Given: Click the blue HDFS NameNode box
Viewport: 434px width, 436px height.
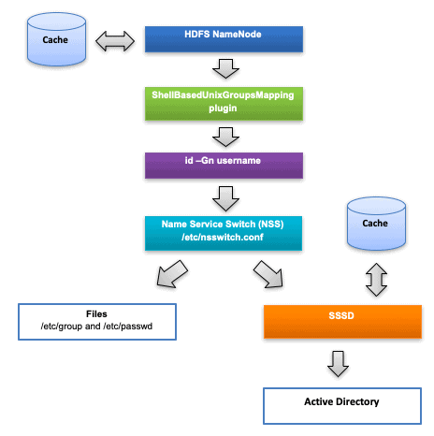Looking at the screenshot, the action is click(x=224, y=39).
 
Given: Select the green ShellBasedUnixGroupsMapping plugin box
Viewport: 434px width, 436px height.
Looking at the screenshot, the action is click(x=224, y=104).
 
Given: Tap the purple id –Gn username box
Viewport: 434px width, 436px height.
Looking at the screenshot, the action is click(x=224, y=166).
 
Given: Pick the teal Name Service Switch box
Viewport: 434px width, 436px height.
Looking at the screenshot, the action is click(x=224, y=233).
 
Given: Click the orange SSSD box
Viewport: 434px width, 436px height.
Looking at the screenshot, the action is click(x=342, y=322).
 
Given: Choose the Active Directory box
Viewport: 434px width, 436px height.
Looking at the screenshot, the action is click(x=342, y=406).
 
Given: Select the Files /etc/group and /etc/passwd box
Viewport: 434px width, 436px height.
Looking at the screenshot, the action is click(x=97, y=322).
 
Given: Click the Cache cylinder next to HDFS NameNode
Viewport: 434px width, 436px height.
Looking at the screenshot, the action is click(x=56, y=39).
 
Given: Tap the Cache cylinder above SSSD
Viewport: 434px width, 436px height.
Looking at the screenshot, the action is click(x=376, y=224).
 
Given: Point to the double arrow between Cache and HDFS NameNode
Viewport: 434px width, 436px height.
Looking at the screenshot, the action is click(x=115, y=41).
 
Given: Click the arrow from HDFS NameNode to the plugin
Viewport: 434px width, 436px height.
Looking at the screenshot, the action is click(x=225, y=68).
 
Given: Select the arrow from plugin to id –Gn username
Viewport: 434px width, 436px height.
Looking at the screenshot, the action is click(x=225, y=137).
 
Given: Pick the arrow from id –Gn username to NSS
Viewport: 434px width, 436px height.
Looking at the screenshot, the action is click(x=225, y=199).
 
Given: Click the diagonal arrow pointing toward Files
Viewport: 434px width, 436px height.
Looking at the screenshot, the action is click(x=171, y=274).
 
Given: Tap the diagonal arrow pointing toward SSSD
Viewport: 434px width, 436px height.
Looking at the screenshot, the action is click(x=268, y=274).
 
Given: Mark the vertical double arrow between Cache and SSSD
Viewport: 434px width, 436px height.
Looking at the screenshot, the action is click(x=376, y=280).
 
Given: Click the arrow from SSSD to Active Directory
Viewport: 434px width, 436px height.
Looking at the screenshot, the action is click(x=338, y=364).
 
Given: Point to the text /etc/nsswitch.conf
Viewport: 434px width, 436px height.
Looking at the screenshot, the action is click(x=223, y=238).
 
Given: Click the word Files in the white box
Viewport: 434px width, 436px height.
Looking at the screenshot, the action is click(x=96, y=313).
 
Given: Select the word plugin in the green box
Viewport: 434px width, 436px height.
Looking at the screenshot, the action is click(x=223, y=109).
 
